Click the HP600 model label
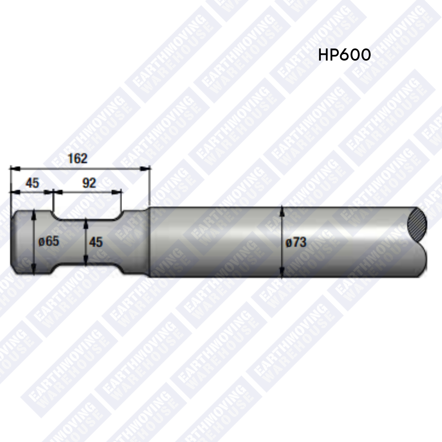tap(344, 55)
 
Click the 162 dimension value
tap(77, 158)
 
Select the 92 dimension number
tap(89, 183)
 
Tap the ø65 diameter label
tap(49, 241)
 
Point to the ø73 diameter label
tap(295, 242)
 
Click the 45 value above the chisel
tap(32, 183)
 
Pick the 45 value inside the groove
tap(96, 242)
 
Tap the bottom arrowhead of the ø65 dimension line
tap(34, 271)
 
